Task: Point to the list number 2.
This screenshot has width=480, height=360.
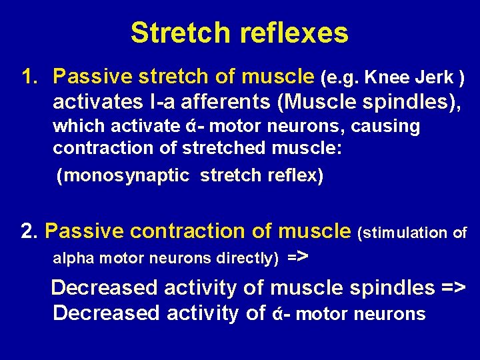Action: (x=29, y=231)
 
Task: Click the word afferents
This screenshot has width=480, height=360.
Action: (x=225, y=103)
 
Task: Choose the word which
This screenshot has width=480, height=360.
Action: (x=75, y=127)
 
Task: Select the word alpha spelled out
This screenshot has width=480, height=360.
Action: (x=72, y=258)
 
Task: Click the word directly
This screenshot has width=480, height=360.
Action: (x=244, y=258)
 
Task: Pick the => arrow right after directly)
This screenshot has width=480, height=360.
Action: (x=297, y=256)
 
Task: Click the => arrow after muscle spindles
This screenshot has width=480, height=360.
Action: (x=453, y=288)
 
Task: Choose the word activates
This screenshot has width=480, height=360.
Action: (x=93, y=103)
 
